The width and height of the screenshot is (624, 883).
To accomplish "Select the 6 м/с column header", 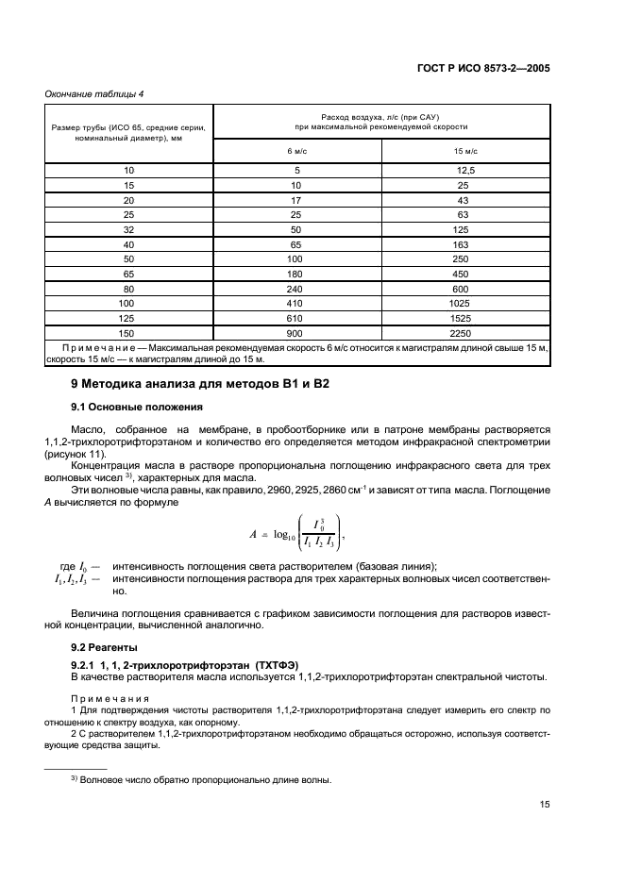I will (296, 151).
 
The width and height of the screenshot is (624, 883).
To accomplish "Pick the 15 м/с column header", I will (465, 151).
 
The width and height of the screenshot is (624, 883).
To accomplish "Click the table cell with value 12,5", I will (465, 170).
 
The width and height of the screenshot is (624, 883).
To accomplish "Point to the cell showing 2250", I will (465, 333).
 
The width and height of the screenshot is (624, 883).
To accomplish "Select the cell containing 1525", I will (465, 319).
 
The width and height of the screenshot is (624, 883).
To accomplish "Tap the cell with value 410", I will (296, 304).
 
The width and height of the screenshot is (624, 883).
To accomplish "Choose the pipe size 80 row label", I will (129, 289).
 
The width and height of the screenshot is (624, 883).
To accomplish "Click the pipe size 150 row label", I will (129, 333).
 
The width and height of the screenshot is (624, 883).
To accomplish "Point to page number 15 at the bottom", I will (545, 805).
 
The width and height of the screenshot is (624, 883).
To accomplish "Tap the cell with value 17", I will (296, 200).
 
